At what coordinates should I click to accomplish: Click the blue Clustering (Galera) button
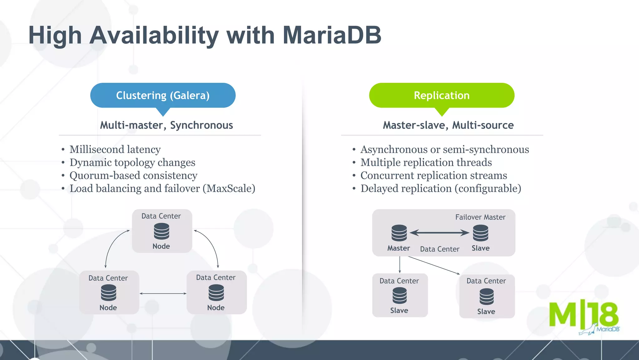(163, 95)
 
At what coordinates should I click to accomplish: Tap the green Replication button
(441, 95)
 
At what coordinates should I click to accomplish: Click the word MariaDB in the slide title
(332, 35)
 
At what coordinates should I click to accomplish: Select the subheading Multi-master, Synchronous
(166, 125)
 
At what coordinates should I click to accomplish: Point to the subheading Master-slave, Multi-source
(448, 125)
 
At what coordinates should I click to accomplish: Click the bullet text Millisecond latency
(115, 150)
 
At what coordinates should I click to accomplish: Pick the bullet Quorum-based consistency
(133, 175)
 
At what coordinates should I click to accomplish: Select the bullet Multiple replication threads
(426, 163)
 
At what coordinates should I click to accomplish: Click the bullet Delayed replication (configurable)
(441, 189)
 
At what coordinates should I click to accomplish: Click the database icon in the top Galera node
(162, 232)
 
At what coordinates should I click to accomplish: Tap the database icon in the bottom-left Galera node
(109, 293)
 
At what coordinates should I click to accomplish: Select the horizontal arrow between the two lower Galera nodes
(163, 293)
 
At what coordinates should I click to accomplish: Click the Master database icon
(399, 233)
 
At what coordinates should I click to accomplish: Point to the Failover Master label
(480, 217)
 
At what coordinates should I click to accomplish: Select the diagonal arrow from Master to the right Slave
(434, 265)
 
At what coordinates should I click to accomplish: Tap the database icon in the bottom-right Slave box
(486, 296)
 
